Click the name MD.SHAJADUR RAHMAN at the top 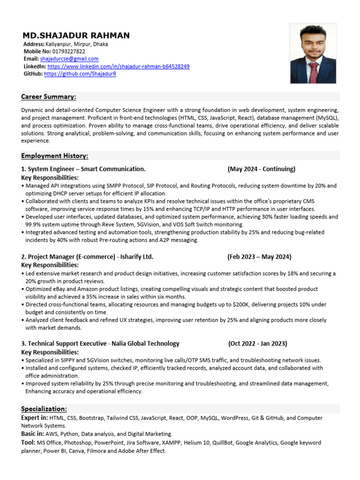(x=76, y=36)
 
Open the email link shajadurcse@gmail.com (x=69, y=59)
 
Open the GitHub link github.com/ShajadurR (x=80, y=74)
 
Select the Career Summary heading (x=48, y=97)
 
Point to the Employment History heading (x=54, y=156)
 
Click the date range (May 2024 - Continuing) (x=261, y=169)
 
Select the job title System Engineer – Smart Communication (x=83, y=169)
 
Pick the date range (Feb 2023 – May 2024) (x=259, y=256)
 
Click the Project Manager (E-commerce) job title (x=87, y=256)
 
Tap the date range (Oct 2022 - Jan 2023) (x=258, y=344)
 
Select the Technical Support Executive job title (x=100, y=344)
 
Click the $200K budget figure (x=241, y=305)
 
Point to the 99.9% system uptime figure (x=35, y=225)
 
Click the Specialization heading (x=44, y=409)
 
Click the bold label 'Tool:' (x=28, y=442)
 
